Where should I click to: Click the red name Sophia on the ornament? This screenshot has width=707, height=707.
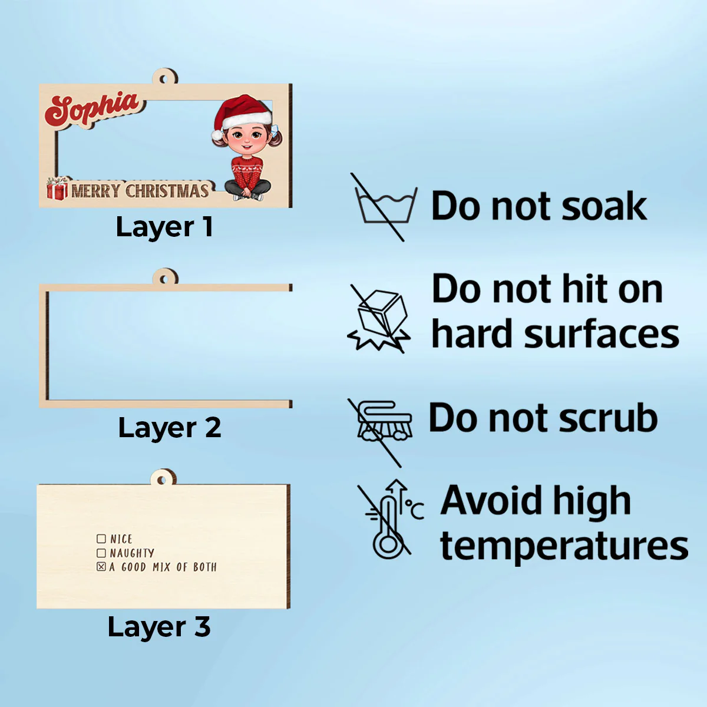92,109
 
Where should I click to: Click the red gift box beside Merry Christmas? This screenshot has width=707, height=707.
57,189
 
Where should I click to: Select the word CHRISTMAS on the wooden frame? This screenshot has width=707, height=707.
167,191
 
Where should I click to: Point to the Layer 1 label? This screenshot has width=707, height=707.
164,227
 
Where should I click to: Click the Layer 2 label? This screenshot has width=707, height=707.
170,428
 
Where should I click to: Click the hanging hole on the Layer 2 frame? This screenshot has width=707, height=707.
164,280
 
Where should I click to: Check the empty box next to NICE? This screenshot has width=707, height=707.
101,539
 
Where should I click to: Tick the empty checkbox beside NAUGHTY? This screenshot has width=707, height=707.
101,553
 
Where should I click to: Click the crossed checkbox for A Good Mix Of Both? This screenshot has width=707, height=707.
101,567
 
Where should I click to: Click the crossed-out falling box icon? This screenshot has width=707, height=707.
379,319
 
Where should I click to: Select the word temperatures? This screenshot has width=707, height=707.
564,547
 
